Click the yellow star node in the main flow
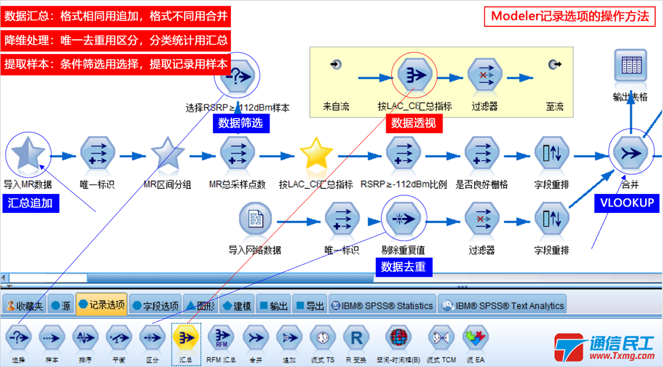point(316,153)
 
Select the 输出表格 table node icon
point(630,66)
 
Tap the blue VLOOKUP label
point(627,203)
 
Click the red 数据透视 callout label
point(414,123)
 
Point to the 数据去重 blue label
point(403,266)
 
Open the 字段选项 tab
point(156,306)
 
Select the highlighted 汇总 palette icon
point(184,337)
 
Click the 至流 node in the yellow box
point(554,64)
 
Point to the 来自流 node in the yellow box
point(336,64)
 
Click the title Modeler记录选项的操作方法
point(569,17)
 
